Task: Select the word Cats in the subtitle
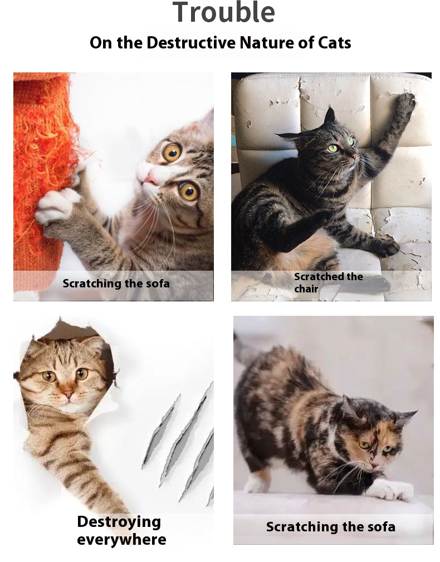click(x=334, y=43)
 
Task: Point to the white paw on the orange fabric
click(x=57, y=206)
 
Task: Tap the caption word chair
click(x=306, y=289)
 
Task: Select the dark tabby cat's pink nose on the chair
click(x=354, y=157)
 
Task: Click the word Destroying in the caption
click(x=119, y=522)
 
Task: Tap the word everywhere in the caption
click(x=121, y=540)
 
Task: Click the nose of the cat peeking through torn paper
click(x=68, y=394)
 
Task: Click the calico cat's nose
click(x=374, y=465)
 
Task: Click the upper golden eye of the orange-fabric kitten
click(x=172, y=152)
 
